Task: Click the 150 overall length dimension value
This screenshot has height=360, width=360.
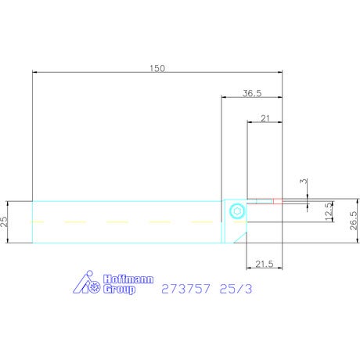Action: (157, 68)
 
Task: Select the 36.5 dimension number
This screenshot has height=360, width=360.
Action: (252, 93)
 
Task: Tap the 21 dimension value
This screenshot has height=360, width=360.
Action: (265, 118)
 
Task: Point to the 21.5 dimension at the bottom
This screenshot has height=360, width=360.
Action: (265, 264)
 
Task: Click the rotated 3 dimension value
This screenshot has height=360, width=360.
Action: (304, 181)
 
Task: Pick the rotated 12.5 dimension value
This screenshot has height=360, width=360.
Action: (329, 211)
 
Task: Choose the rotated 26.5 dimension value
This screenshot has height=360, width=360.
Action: (353, 221)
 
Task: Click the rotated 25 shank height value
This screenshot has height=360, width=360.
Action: (5, 221)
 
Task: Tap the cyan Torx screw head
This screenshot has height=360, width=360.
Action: (237, 211)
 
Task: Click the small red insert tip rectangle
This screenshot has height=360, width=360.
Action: (278, 201)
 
